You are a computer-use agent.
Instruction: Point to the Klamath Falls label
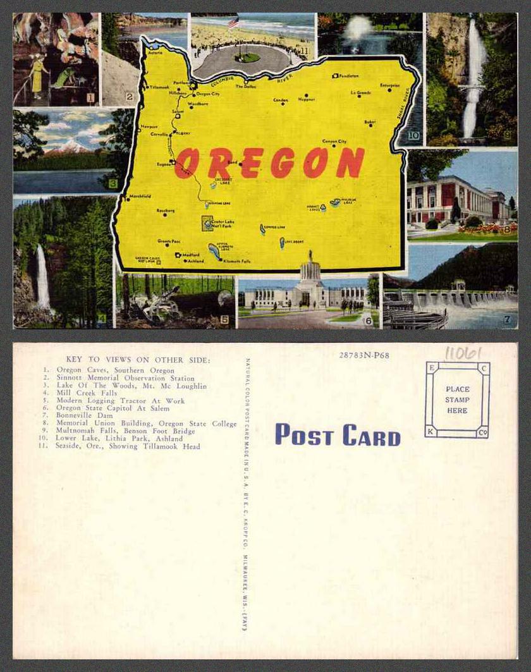pyautogui.click(x=237, y=260)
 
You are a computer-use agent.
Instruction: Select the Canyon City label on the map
pyautogui.click(x=334, y=142)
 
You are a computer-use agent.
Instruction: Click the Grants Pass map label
pyautogui.click(x=169, y=241)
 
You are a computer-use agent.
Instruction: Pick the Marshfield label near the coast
pyautogui.click(x=140, y=197)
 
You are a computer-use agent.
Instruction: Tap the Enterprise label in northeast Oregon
pyautogui.click(x=390, y=85)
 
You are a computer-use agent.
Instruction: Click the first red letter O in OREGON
pyautogui.click(x=186, y=164)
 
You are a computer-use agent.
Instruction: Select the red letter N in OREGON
pyautogui.click(x=350, y=162)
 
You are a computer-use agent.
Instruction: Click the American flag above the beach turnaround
pyautogui.click(x=233, y=22)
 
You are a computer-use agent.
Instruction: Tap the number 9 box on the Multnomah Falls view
pyautogui.click(x=507, y=135)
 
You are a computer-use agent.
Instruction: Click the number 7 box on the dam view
pyautogui.click(x=507, y=320)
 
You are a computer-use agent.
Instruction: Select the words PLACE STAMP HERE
pyautogui.click(x=457, y=400)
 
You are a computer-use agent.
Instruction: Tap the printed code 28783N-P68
pyautogui.click(x=363, y=355)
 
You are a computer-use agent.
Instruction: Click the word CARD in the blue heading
pyautogui.click(x=371, y=436)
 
